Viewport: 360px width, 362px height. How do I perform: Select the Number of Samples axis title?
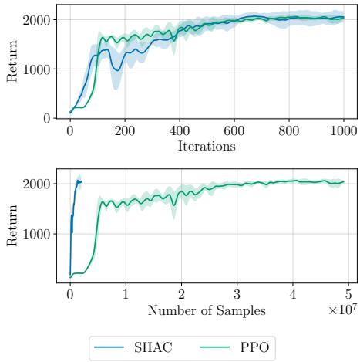click(207, 312)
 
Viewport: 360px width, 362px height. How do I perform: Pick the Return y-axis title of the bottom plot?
click(11, 229)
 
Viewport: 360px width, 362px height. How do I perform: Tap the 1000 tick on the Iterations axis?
click(343, 131)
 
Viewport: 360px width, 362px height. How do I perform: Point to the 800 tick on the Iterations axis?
click(289, 131)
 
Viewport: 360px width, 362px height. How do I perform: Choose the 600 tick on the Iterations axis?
click(234, 131)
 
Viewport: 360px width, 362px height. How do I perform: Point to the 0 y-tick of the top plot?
click(47, 118)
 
